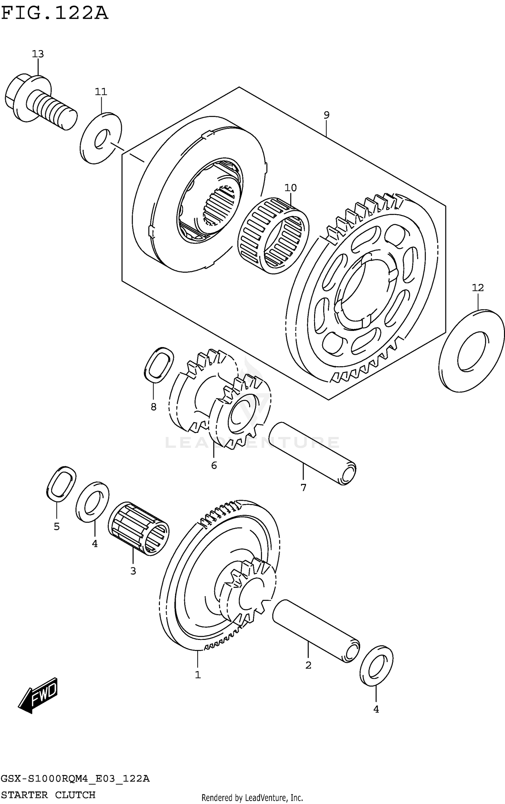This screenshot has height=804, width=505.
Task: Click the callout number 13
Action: (38, 54)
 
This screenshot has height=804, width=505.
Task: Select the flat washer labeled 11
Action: (101, 138)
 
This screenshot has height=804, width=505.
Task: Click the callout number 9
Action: (326, 115)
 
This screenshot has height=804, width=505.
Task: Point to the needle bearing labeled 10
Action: (273, 235)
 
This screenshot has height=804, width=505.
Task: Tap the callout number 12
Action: (478, 288)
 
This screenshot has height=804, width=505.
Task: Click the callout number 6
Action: (214, 466)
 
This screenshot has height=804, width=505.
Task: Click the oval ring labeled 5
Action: (61, 484)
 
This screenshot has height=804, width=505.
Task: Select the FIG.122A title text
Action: (55, 13)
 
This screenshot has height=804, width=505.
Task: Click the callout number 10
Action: (291, 188)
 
